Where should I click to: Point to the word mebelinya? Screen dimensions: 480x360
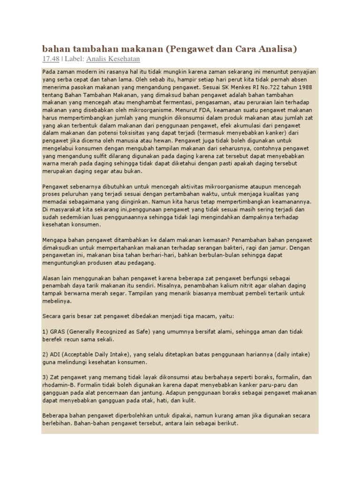[x=55, y=301]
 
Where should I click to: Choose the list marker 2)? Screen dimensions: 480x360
[x=45, y=354]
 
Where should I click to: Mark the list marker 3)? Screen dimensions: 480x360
[x=45, y=377]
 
